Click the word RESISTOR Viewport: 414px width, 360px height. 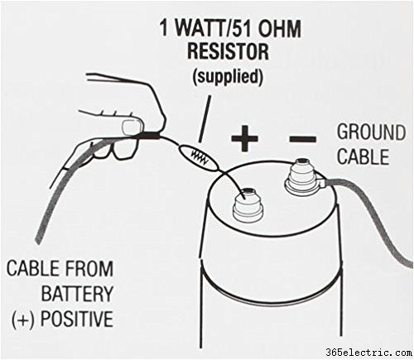pos(228,51)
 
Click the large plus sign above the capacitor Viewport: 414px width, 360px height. pos(244,138)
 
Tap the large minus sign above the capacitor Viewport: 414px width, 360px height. pos(302,138)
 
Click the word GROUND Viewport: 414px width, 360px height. pos(371,132)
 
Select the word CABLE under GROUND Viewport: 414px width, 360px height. pos(363,156)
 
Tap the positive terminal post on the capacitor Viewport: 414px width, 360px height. pos(247,205)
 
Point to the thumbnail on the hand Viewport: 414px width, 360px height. pos(132,127)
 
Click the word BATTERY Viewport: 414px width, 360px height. pos(77,293)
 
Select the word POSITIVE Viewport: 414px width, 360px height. pos(77,319)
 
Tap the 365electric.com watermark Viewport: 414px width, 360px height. pos(369,353)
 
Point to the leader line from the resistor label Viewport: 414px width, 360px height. pos(205,119)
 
